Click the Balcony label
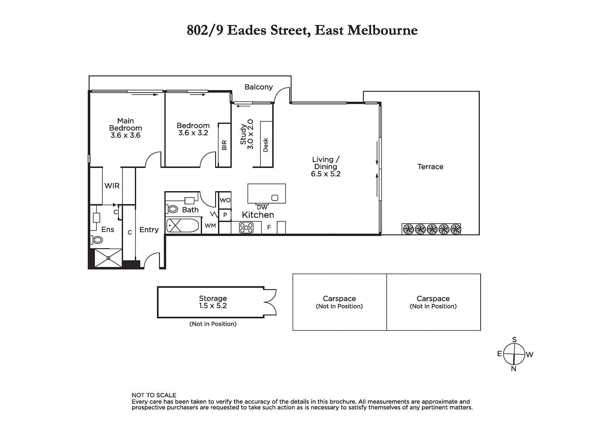pos(259,87)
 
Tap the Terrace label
pos(430,167)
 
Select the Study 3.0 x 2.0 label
pos(247,134)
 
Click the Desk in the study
pos(266,144)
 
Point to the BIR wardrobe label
pos(224,145)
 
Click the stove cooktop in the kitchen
pos(246,228)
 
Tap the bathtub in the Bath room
pos(183,226)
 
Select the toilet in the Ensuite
pos(96,240)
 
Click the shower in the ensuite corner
pos(108,258)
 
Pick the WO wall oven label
pos(225,200)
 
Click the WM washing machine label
pos(210,226)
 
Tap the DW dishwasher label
pos(262,207)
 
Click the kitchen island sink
pos(275,198)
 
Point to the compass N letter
pos(513,369)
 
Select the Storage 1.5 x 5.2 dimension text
pos(213,306)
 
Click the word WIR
pos(112,186)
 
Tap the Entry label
pos(149,230)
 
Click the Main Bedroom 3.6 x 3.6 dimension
pos(126,135)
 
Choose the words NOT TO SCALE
pos(154,395)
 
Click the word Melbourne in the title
pos(382,30)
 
